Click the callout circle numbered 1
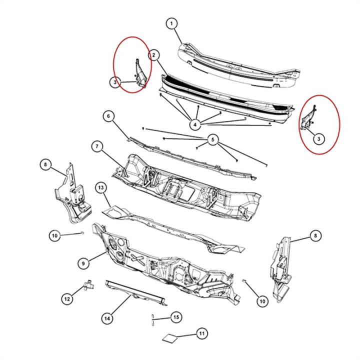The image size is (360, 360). (171, 23)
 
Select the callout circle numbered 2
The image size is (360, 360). (154, 55)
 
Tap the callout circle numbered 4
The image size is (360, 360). (195, 124)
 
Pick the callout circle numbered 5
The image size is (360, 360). (213, 139)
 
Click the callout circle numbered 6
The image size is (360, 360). (108, 116)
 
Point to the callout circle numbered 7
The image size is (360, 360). (97, 146)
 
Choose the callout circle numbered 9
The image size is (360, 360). (83, 263)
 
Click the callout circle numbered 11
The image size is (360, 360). (202, 333)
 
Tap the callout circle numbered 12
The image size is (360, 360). (67, 299)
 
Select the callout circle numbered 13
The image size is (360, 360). (101, 188)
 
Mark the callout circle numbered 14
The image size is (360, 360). (107, 318)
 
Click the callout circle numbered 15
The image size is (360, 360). (176, 317)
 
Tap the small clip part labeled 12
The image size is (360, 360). (88, 285)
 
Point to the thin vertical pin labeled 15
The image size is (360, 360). (152, 319)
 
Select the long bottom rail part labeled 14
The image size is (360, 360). (135, 293)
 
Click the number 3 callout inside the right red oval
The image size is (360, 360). (318, 138)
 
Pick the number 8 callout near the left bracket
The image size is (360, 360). (45, 164)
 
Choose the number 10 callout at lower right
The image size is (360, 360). (262, 301)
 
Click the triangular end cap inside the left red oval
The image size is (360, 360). (139, 73)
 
